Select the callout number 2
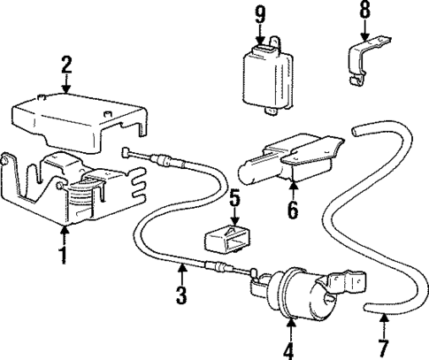65,65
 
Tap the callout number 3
180,296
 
